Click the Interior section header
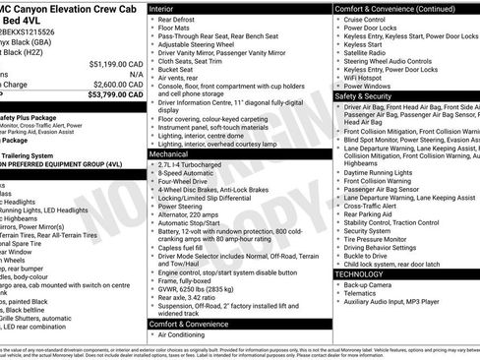[x=167, y=7]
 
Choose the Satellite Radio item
[x=370, y=52]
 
